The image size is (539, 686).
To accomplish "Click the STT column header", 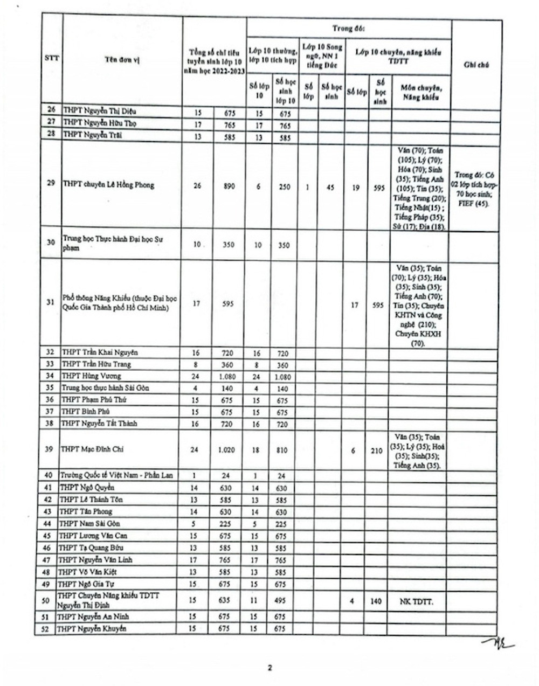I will point(52,58).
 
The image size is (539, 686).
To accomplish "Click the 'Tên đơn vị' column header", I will point(122,60).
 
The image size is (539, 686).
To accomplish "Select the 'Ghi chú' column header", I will point(476,65).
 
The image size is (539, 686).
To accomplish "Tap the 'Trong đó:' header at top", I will point(348,28).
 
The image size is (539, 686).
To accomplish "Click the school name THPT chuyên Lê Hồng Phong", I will point(108,185).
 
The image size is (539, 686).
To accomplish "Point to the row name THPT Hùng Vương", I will point(91,376).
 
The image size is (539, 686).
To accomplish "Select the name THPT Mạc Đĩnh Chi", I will point(93,449).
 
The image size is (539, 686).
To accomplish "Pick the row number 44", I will point(47,523).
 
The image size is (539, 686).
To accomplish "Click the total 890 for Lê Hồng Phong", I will point(229,186).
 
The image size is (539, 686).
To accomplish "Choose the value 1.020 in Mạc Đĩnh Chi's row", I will point(226,450).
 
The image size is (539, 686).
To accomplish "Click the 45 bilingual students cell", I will point(330,188).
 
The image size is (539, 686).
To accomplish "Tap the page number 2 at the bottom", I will point(270,668).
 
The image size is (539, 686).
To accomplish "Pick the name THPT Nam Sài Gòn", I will point(89,523).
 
